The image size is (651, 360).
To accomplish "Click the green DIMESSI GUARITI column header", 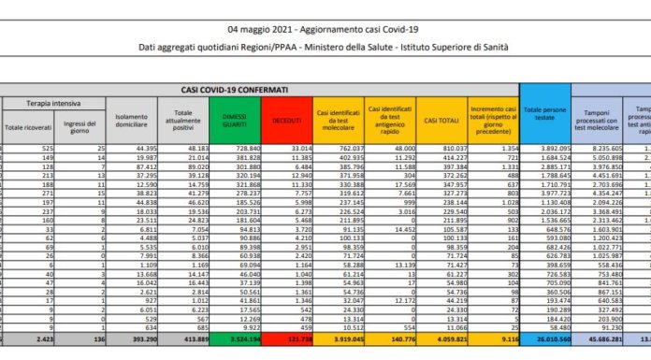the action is [246, 121].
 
